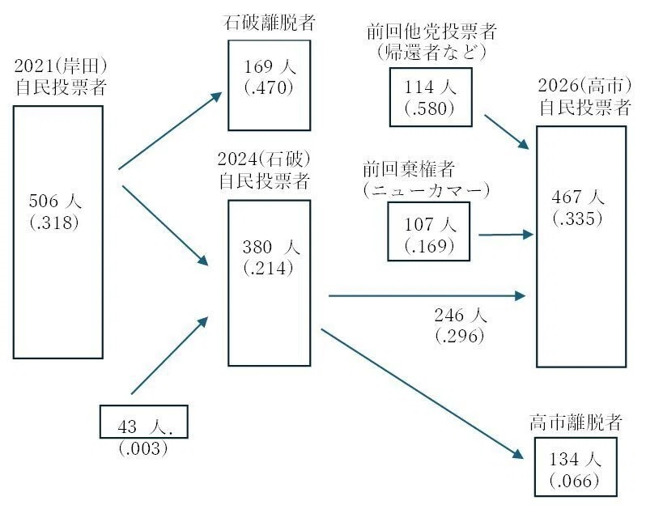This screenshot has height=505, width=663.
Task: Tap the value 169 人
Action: click(x=268, y=66)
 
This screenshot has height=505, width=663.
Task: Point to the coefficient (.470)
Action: click(x=268, y=87)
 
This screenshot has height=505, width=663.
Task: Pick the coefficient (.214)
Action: click(x=268, y=269)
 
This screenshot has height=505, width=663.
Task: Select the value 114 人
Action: click(x=430, y=87)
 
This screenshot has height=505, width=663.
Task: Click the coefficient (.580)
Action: click(x=430, y=108)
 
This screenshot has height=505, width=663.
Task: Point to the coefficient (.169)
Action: click(x=429, y=245)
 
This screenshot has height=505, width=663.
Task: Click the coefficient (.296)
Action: click(x=460, y=336)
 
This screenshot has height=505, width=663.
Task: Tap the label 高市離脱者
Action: click(x=576, y=423)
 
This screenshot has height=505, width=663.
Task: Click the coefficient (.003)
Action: click(x=143, y=448)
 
